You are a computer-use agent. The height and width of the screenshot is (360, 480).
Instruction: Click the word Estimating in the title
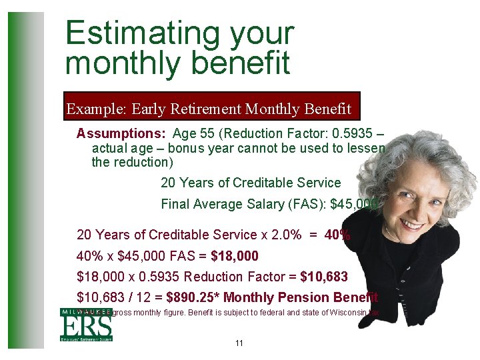click(x=141, y=33)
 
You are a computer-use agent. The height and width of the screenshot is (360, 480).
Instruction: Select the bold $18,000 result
click(x=234, y=256)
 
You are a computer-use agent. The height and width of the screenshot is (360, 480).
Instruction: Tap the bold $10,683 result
click(x=324, y=277)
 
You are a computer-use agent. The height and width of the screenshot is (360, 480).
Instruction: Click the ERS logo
click(x=86, y=325)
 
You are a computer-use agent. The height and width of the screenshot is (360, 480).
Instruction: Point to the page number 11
click(x=239, y=343)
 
